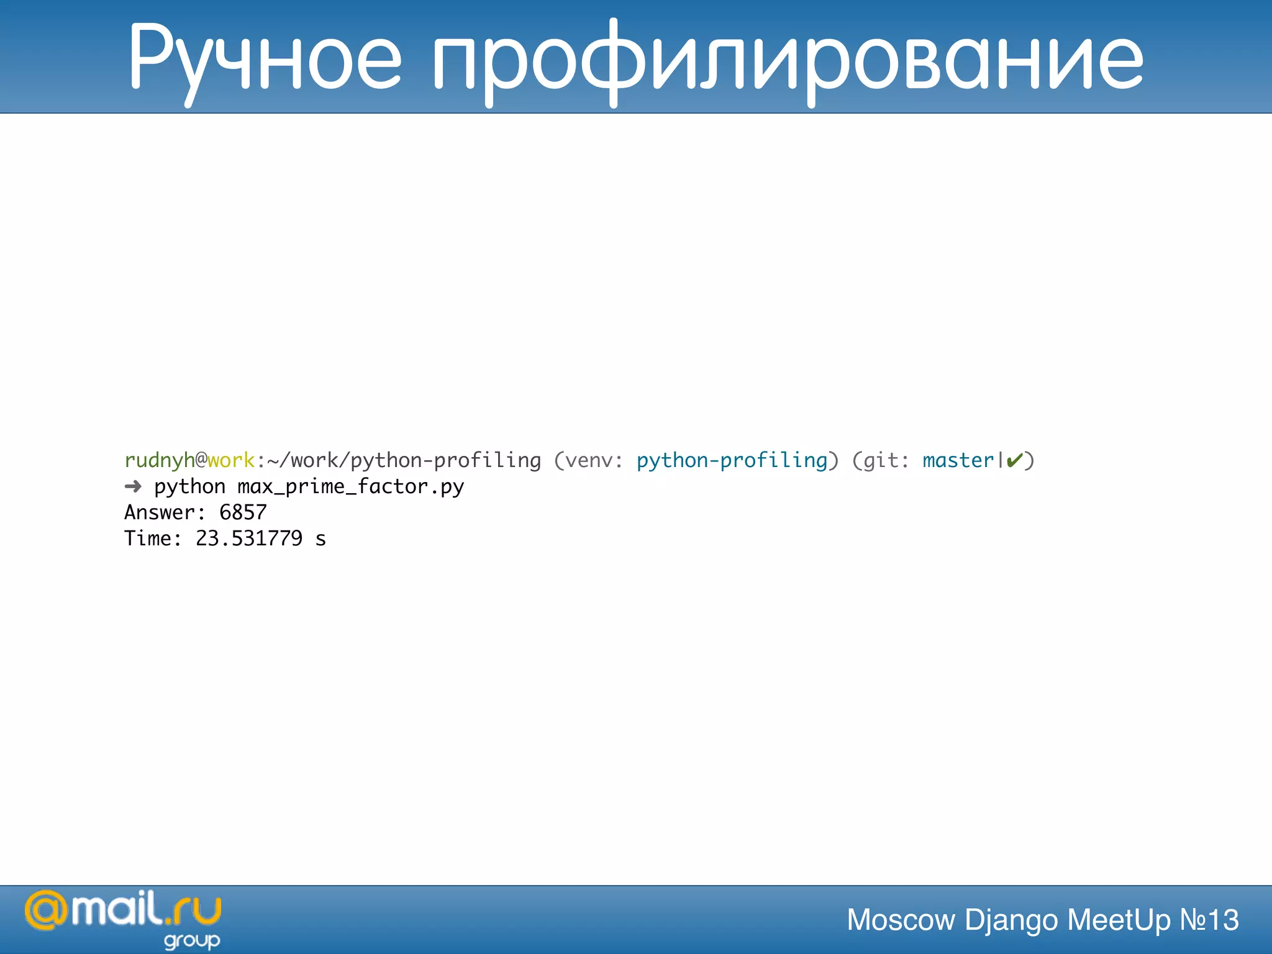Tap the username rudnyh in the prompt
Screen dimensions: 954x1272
click(160, 460)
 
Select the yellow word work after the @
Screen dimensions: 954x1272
click(230, 460)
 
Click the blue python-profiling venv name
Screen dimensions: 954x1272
click(732, 460)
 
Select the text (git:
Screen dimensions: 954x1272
click(880, 460)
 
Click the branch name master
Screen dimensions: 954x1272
click(958, 460)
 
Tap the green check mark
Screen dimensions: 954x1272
click(1014, 460)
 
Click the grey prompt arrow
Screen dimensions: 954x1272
click(133, 486)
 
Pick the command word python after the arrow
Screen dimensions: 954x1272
click(189, 486)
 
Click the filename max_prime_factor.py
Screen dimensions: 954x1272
click(350, 486)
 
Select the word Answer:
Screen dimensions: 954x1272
click(165, 512)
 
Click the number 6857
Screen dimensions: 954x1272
click(243, 512)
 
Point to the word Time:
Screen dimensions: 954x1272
click(153, 538)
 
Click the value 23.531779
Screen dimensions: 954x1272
click(249, 538)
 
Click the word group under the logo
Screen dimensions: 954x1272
click(192, 941)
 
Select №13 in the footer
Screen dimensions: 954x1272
click(1209, 920)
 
